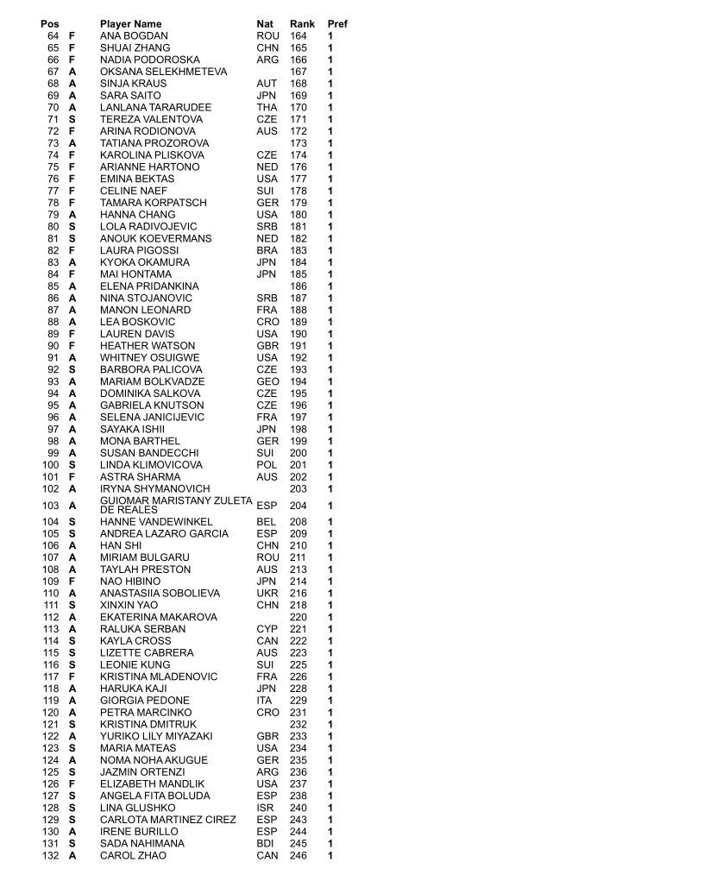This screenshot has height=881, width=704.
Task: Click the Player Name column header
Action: point(130,24)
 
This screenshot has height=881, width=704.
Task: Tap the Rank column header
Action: point(302,24)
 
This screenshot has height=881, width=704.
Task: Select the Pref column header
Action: point(337,24)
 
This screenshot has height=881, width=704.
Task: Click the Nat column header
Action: point(265,24)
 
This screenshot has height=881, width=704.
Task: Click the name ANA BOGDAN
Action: point(134,36)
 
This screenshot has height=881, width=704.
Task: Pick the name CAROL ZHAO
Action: point(133,855)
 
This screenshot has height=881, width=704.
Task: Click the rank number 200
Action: point(299,453)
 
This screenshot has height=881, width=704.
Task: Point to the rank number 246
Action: point(299,855)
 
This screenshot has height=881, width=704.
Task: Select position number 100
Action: point(50,465)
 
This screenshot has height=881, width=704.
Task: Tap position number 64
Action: point(53,36)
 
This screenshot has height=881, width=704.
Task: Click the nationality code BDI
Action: point(267,844)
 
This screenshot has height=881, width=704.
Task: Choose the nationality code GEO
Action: point(267,381)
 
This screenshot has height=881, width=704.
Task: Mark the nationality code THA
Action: point(267,108)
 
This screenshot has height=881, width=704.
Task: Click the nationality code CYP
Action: point(267,629)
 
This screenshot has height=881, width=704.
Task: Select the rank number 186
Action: point(299,286)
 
